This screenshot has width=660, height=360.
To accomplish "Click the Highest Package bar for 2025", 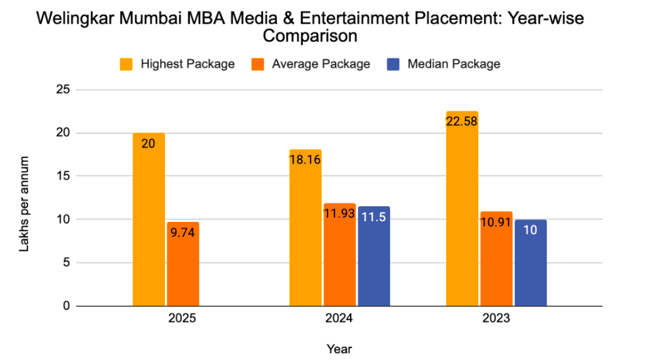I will tap(149, 219).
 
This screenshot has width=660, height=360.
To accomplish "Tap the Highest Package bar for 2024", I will tap(305, 227).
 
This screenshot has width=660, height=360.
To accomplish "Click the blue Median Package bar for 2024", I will tap(374, 256).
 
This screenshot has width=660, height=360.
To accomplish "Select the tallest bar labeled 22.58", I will tap(462, 209).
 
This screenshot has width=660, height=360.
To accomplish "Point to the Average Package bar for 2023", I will tap(496, 259).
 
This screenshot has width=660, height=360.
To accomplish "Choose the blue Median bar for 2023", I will tap(531, 262).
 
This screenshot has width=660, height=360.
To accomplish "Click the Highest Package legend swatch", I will tap(127, 64).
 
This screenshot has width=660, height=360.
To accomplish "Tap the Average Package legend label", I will tap(321, 64).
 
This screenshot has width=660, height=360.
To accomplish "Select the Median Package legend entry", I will tap(454, 64).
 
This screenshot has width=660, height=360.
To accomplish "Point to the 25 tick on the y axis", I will tap(62, 90).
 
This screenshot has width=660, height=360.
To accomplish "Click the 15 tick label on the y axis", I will tap(62, 176).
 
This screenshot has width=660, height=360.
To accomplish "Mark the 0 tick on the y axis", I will tap(65, 306).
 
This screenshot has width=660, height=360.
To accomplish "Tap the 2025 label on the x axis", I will tap(182, 319).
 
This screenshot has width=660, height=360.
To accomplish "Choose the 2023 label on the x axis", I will tap(496, 319).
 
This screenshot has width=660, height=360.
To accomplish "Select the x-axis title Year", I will tap(339, 348).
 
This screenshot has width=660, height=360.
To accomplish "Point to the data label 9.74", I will tap(183, 236).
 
